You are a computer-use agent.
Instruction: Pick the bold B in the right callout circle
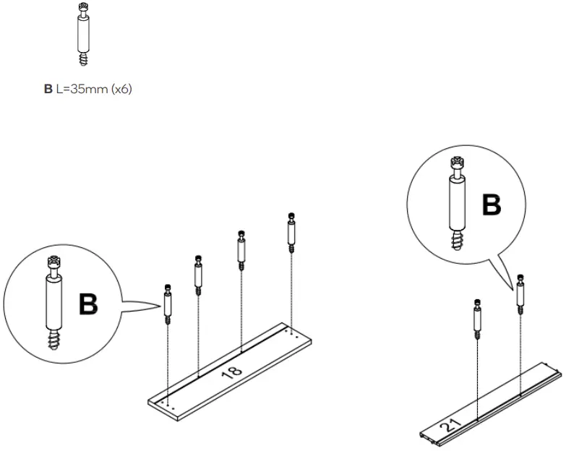tap(492, 205)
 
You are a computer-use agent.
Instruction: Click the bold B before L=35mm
tap(48, 90)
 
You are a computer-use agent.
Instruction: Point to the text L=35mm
tap(78, 90)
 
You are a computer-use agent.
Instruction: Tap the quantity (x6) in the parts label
tap(119, 90)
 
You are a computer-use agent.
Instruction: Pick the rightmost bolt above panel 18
tap(291, 232)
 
